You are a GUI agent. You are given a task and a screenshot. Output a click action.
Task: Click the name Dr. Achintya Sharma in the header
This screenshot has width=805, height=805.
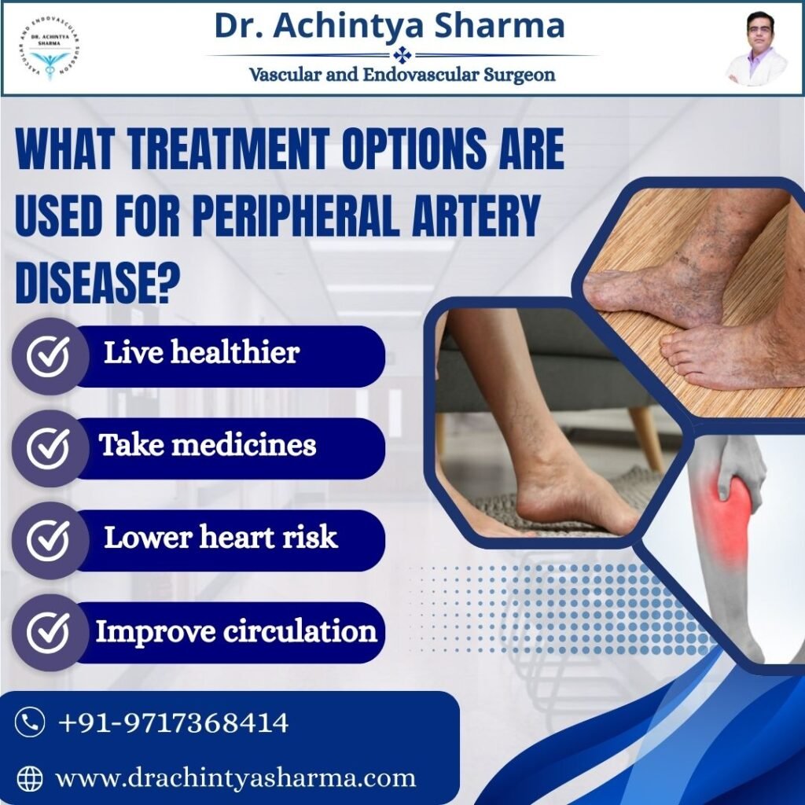point(389,26)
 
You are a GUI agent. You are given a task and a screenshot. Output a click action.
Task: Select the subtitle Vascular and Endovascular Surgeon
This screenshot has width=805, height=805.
point(402,75)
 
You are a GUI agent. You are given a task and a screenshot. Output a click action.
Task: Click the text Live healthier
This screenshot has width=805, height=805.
point(201,353)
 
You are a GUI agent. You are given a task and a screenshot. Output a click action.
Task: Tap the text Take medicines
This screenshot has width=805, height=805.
point(208,446)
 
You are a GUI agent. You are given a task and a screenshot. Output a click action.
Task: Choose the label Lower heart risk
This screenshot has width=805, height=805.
point(221,538)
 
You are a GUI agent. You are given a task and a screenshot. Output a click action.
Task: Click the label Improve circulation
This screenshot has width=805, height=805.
point(236,631)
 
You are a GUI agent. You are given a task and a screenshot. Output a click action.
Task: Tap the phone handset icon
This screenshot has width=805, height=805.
point(30,722)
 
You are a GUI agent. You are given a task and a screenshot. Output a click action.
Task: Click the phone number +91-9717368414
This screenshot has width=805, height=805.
point(173,722)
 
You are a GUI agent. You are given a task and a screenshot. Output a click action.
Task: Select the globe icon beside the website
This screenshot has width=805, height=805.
point(30,778)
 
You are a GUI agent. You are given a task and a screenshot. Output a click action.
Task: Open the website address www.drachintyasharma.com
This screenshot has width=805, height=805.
point(236,778)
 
